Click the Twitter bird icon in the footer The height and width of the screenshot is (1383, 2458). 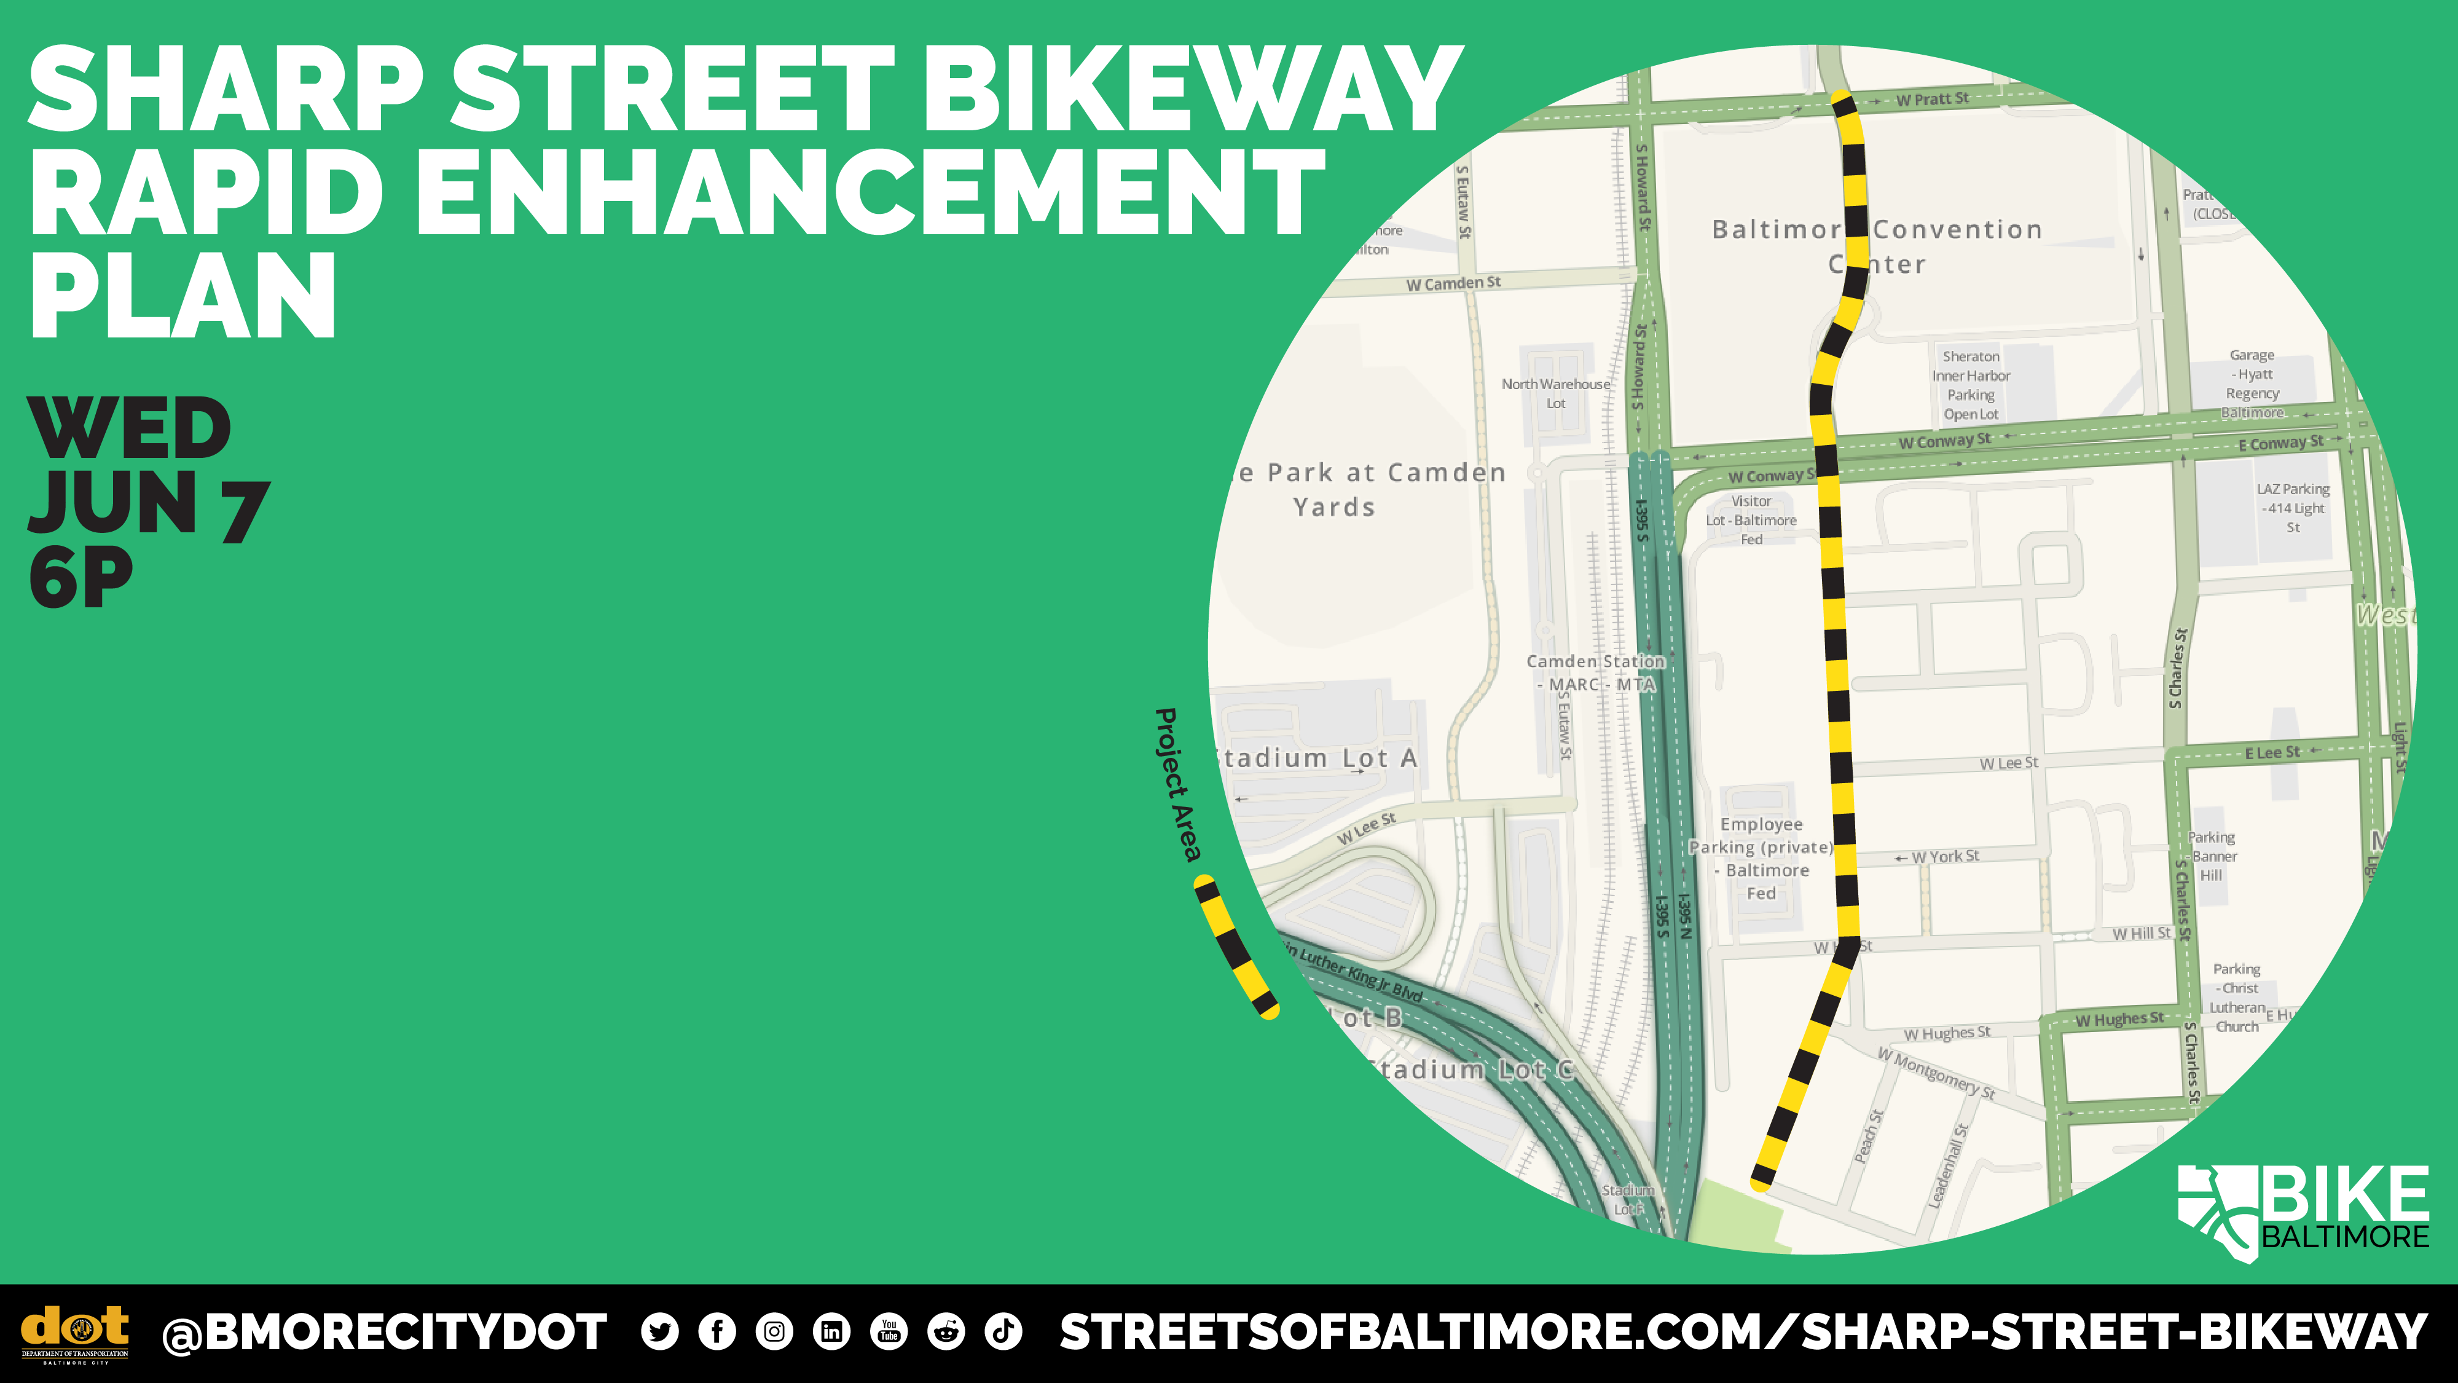click(x=659, y=1331)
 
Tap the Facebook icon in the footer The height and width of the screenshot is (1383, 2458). click(x=717, y=1331)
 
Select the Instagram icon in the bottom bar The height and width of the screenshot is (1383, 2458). click(x=774, y=1331)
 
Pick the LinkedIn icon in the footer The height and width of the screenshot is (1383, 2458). click(x=831, y=1331)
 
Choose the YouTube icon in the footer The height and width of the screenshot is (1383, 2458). click(x=889, y=1331)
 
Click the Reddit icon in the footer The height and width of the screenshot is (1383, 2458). click(x=946, y=1331)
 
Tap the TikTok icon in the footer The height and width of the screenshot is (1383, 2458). click(x=1003, y=1331)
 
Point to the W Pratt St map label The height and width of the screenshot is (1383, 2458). click(x=1931, y=99)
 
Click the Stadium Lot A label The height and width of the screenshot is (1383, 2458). click(x=1317, y=758)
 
